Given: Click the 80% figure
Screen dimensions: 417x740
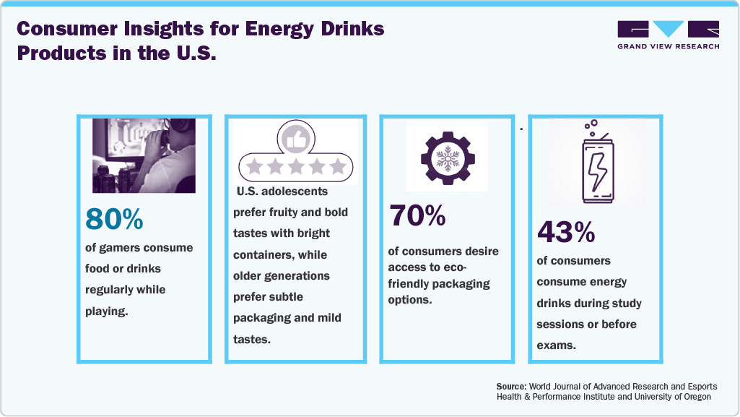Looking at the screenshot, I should (x=114, y=220).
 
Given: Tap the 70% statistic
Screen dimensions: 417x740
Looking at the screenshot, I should (x=417, y=215).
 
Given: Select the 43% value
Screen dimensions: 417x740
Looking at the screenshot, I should (x=566, y=231).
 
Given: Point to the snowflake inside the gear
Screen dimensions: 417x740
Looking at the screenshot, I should (x=447, y=157).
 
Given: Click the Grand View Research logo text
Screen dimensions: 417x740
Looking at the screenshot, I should (x=669, y=46).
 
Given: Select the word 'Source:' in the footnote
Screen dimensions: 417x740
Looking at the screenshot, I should (x=512, y=387).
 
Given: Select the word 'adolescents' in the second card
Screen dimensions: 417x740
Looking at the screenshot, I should (x=297, y=192).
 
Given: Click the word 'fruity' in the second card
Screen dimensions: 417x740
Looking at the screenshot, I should (x=283, y=212).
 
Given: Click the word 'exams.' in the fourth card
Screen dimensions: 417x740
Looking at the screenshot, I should (x=556, y=345).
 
